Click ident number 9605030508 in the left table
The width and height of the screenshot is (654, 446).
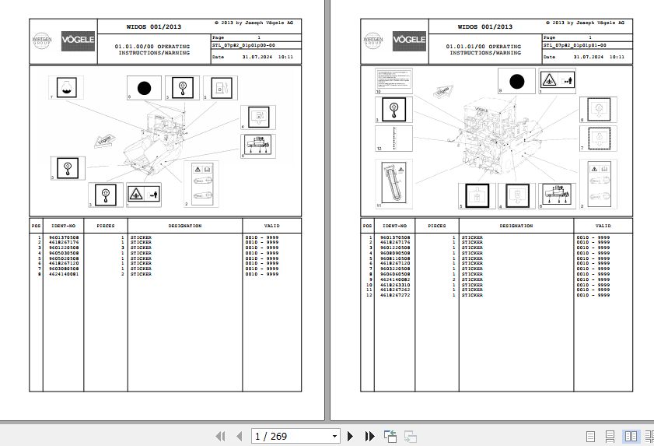64,253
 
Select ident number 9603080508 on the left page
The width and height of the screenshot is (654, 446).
64,269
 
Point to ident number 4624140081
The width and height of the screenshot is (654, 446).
64,274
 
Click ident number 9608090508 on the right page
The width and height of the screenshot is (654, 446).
395,253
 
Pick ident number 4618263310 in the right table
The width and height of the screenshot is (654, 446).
395,285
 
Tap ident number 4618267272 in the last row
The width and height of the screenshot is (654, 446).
395,296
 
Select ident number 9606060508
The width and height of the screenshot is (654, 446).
395,274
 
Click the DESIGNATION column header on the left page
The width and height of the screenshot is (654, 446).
185,226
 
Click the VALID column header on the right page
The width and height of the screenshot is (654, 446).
603,226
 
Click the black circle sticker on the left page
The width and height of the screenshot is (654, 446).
143,89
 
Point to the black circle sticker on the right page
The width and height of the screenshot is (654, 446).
516,80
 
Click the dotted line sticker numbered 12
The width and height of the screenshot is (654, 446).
394,139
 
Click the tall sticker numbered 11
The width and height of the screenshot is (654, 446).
394,184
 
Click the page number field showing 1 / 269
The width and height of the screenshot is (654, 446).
296,436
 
